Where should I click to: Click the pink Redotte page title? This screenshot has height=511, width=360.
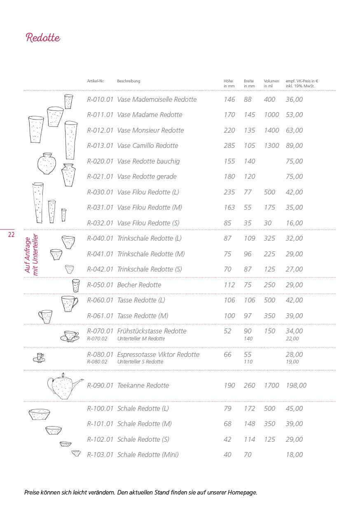point(43,38)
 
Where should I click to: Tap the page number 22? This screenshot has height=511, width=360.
point(11,235)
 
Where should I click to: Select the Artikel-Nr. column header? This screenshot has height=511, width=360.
point(96,81)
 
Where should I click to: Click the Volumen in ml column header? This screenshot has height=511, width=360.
point(271,83)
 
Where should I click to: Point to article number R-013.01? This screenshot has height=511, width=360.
point(100,146)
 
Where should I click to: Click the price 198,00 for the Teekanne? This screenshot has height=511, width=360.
point(296,386)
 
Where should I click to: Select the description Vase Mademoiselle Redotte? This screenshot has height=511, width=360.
point(157,100)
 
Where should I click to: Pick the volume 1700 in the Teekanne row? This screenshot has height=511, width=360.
point(271,386)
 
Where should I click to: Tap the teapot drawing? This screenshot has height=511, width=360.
point(64,386)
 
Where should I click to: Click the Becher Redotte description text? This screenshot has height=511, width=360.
point(139,285)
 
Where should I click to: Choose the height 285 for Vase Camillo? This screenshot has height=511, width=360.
point(229,146)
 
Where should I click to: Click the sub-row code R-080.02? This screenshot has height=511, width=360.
point(97,362)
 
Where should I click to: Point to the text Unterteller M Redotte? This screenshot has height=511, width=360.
point(141,339)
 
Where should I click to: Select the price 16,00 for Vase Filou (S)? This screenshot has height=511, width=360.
point(294,223)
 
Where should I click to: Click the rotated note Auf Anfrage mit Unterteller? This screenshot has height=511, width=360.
point(31,254)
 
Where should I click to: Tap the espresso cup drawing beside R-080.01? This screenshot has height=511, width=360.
point(39,357)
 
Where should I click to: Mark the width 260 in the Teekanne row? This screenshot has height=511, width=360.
point(250,386)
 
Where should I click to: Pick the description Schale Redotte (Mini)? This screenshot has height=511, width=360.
point(148,455)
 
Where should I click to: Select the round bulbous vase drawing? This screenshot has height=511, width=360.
point(47,164)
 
